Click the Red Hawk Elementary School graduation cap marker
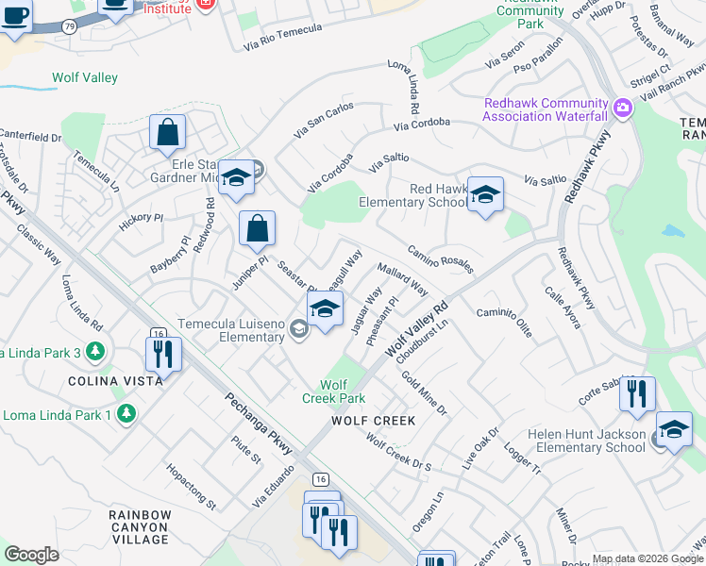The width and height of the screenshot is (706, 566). point(485,194)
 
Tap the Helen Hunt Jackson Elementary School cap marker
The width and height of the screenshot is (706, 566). point(674,429)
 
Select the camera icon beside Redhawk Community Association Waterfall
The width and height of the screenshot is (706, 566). point(622,108)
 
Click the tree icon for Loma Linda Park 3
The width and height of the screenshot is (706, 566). point(94,352)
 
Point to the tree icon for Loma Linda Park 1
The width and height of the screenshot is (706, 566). point(126,414)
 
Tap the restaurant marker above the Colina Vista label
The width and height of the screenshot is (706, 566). point(163,354)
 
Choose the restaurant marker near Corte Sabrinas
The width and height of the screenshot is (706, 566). point(638,392)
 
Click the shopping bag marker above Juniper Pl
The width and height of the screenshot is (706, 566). point(257,227)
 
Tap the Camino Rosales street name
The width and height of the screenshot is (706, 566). point(440,258)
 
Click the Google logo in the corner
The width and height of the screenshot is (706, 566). point(30,554)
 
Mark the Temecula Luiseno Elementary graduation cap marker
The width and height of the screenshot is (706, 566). point(324,309)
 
